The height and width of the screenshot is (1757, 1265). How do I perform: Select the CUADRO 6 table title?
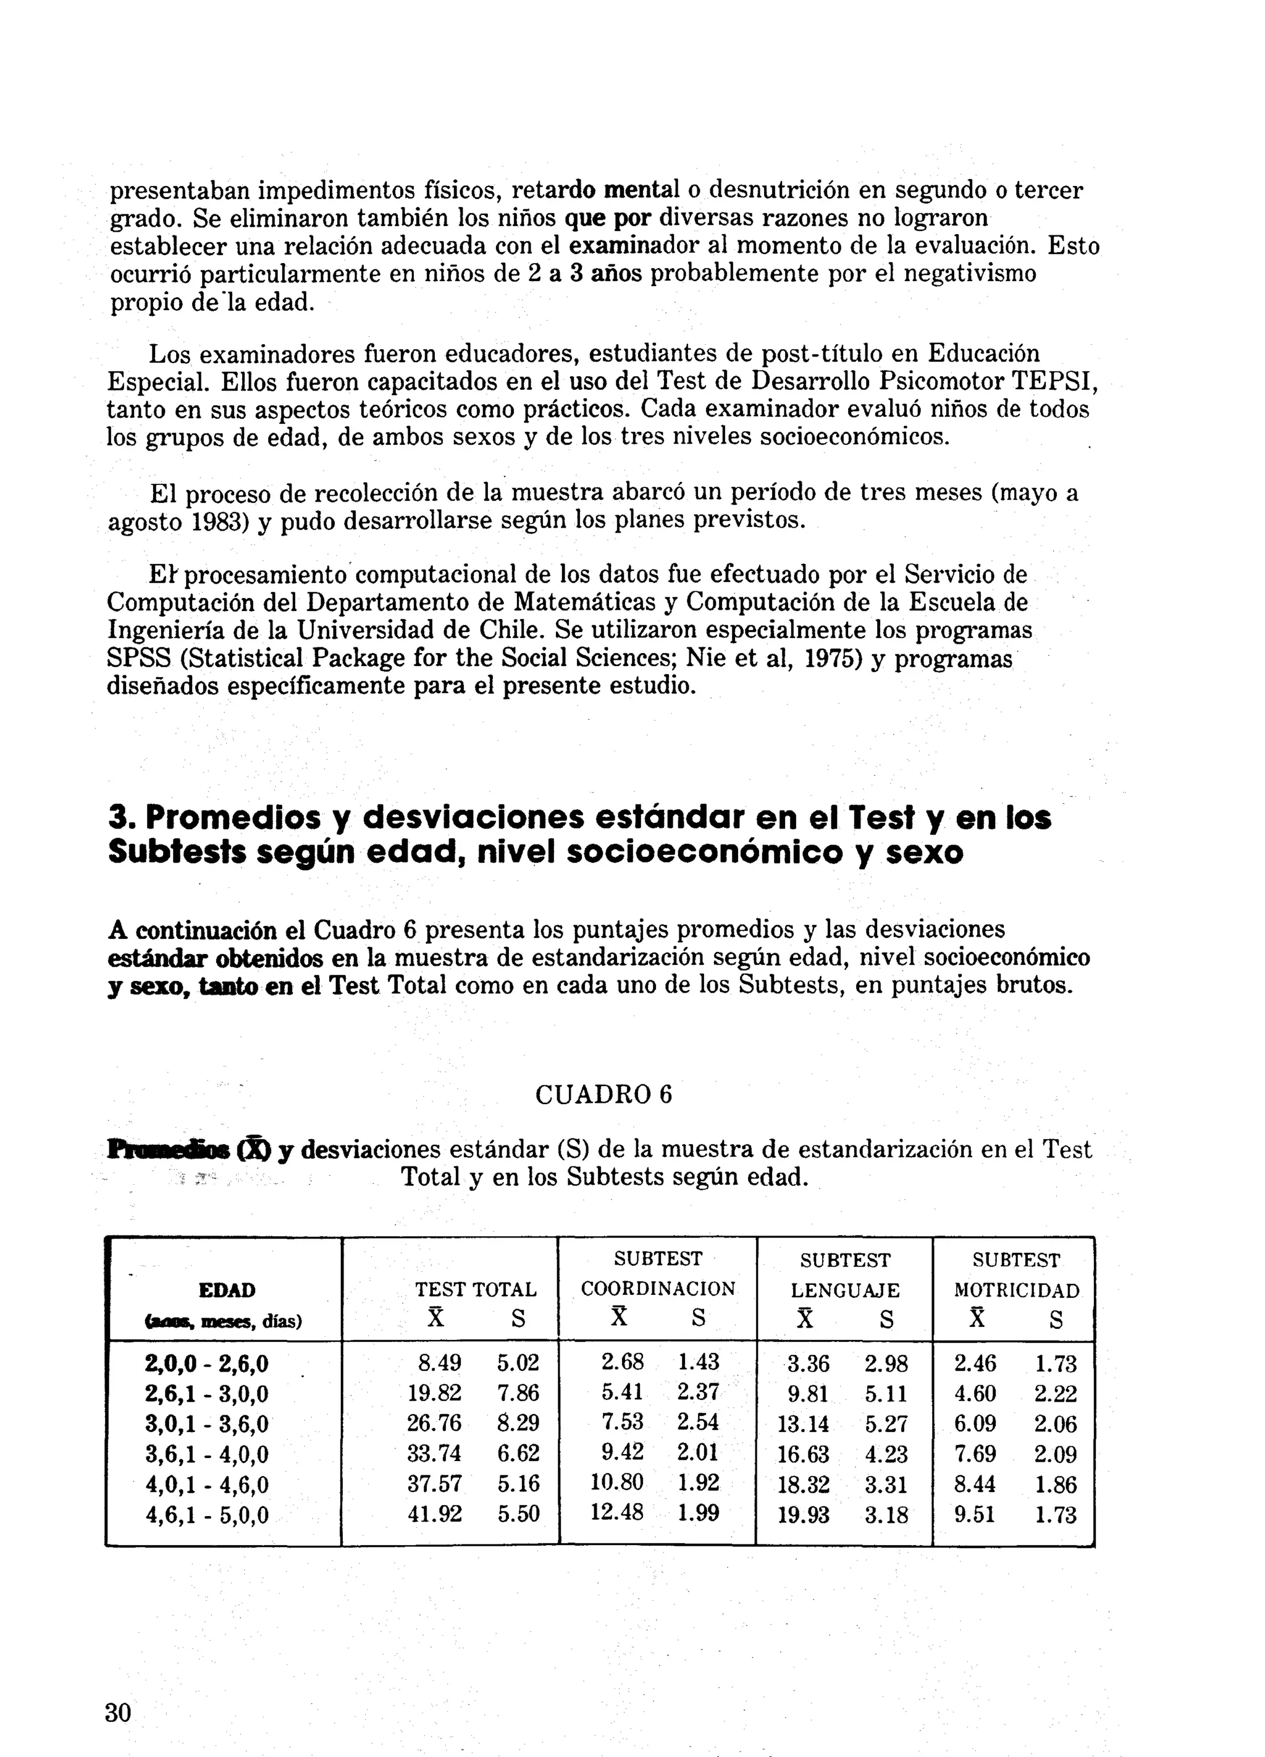[x=603, y=1095]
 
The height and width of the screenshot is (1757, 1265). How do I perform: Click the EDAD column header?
[x=226, y=1290]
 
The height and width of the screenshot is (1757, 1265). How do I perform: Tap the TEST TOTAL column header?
[x=476, y=1290]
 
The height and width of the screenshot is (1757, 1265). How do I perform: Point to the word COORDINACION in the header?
[x=658, y=1289]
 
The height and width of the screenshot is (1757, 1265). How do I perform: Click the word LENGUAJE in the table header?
[x=845, y=1291]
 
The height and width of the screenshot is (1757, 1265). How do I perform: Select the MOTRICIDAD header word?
[x=1016, y=1291]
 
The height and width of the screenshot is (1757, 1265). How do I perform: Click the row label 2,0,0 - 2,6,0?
[x=207, y=1363]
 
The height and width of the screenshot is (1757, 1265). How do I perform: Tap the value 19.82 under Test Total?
[x=435, y=1393]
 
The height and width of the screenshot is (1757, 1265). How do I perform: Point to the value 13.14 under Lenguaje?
[x=804, y=1424]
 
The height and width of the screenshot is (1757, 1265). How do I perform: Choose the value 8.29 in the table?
[x=518, y=1423]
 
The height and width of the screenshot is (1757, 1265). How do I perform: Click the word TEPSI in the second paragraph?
[x=1054, y=382]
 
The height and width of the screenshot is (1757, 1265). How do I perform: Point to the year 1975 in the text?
[x=833, y=659]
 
